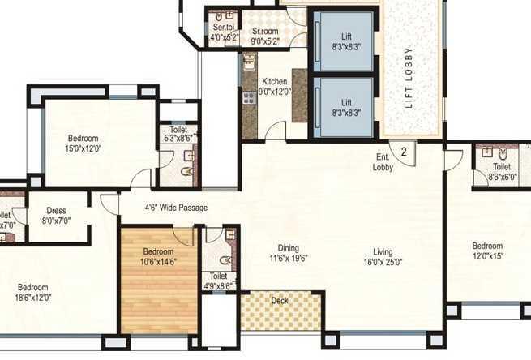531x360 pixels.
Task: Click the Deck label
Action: coord(280,301)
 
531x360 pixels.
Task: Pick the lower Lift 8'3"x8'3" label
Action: coord(346,108)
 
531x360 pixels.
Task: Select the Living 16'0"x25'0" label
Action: coord(383,257)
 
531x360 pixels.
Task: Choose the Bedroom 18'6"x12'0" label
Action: coord(34,293)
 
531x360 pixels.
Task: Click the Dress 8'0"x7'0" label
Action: coord(58,214)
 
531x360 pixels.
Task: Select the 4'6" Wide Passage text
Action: coord(175,208)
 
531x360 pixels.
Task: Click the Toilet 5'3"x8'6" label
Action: coord(178,134)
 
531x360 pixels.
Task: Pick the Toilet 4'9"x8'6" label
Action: coord(218,281)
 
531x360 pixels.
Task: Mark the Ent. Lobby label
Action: coord(383,162)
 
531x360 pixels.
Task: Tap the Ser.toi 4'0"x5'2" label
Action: coord(223,32)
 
